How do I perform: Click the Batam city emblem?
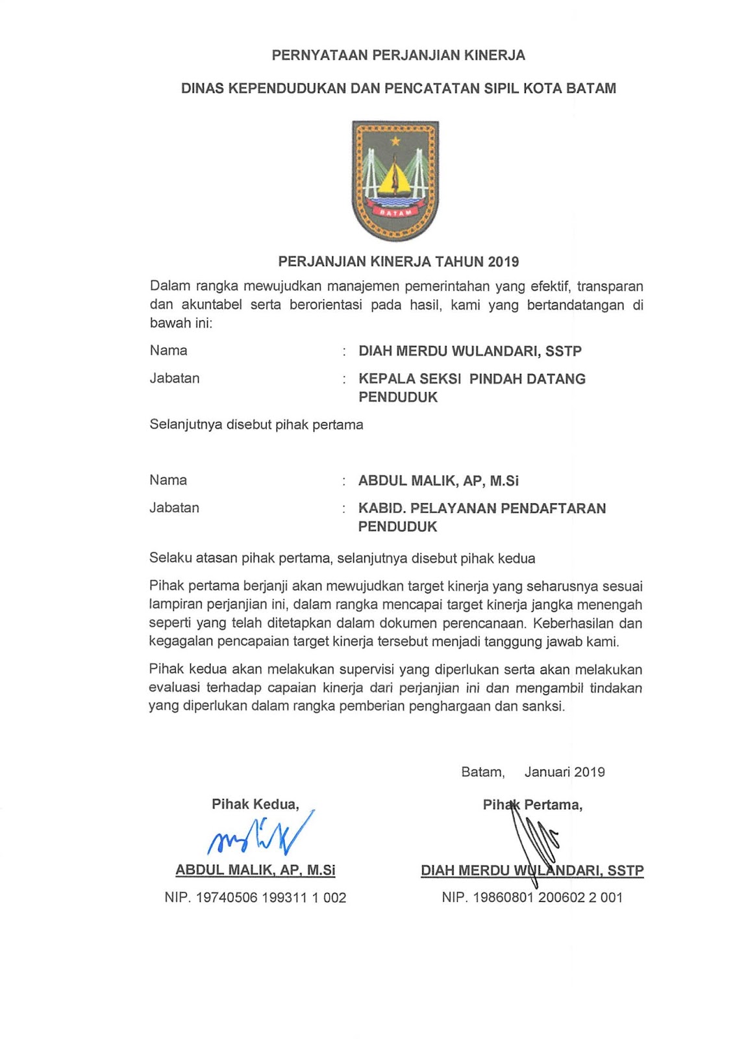[395, 181]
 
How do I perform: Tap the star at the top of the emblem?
[395, 141]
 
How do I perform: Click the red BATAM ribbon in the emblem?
[395, 212]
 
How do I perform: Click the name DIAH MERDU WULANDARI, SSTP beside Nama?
[469, 351]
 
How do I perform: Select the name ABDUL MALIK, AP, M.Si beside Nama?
[438, 481]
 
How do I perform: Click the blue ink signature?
[260, 834]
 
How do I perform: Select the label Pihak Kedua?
[255, 805]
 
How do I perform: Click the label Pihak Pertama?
[532, 805]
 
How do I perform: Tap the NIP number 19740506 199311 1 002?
[271, 898]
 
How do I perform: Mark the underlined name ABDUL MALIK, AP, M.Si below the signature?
[255, 870]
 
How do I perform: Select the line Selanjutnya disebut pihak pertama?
[256, 425]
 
